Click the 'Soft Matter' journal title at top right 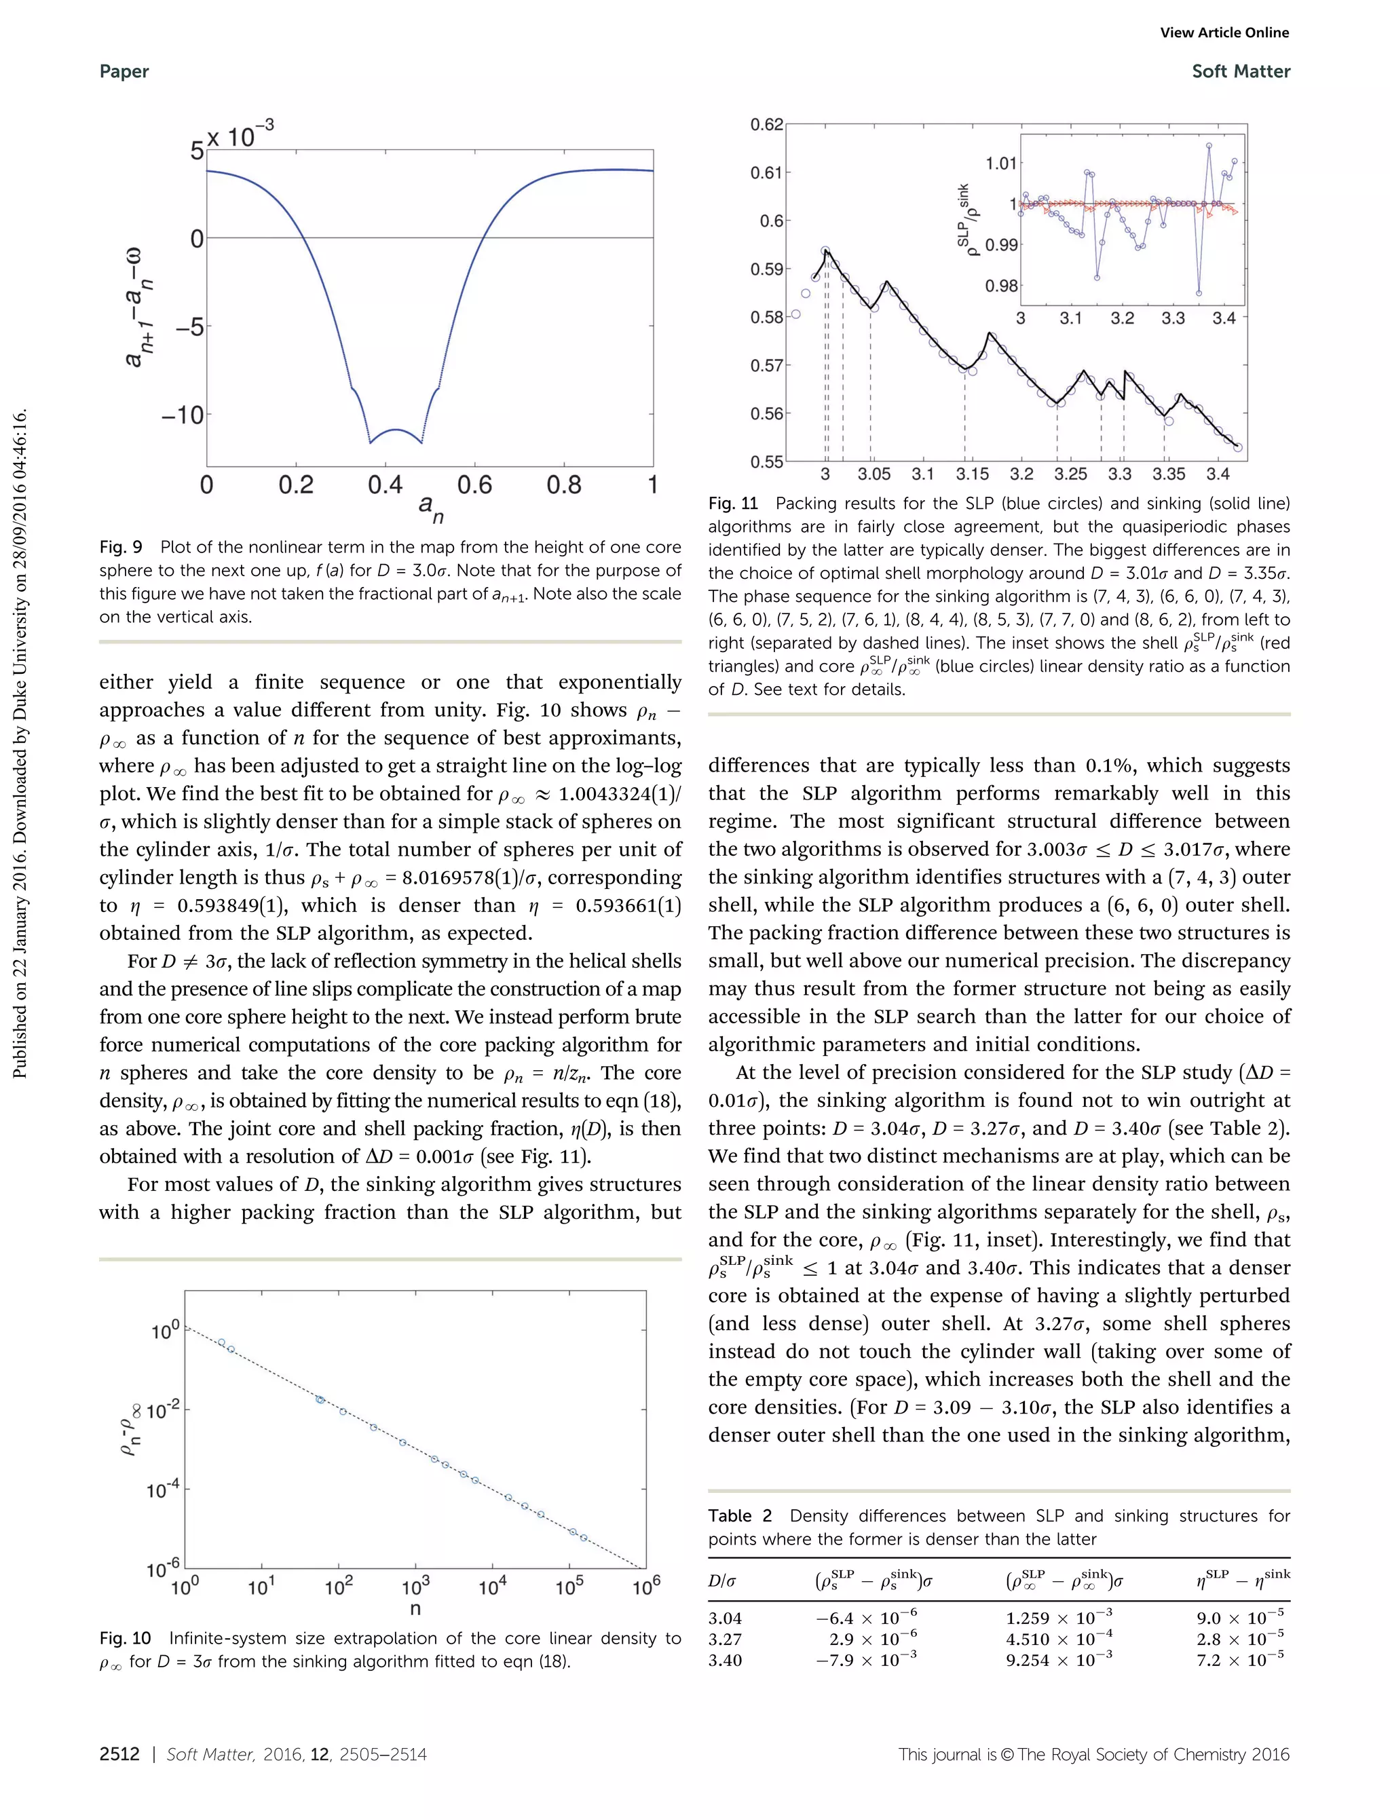click(x=1240, y=71)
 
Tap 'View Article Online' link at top click(x=1224, y=33)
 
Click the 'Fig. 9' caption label click(x=121, y=547)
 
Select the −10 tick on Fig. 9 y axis click(x=182, y=415)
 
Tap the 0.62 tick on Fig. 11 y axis click(x=766, y=125)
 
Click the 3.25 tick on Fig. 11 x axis click(x=1070, y=474)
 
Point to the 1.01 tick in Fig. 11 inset click(x=1000, y=163)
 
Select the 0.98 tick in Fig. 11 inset click(x=1000, y=286)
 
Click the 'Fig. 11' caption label click(x=733, y=503)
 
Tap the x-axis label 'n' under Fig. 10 click(x=415, y=1608)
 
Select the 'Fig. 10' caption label click(x=125, y=1638)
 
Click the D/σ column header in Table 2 click(x=721, y=1581)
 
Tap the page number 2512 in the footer click(x=119, y=1753)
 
